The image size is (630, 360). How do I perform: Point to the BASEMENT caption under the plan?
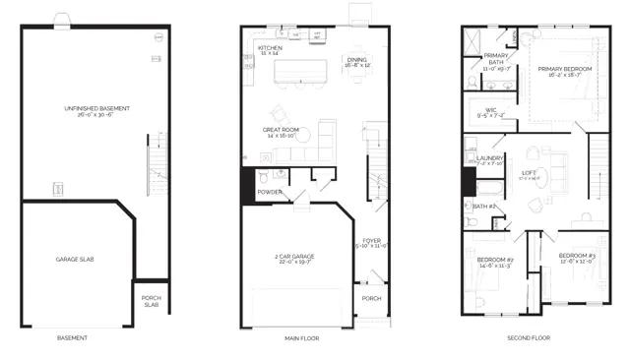point(72,337)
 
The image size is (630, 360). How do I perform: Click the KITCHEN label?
point(271,47)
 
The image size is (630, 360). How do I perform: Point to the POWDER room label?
point(270,192)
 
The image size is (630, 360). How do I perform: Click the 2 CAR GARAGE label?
point(295,258)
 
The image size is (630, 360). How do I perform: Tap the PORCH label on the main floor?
point(370,299)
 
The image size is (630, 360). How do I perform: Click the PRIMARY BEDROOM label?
point(559,70)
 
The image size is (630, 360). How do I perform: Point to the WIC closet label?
point(489,110)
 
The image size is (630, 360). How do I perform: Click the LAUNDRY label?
point(489,157)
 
